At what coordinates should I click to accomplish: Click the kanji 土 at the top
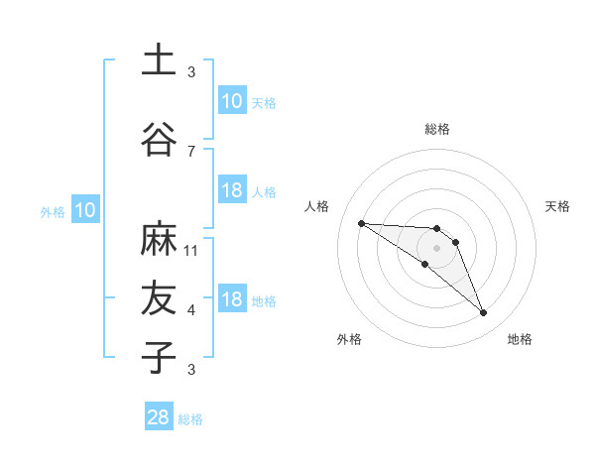click(157, 59)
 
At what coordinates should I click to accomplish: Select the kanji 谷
click(157, 140)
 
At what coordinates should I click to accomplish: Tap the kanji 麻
click(157, 239)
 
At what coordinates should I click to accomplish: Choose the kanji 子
click(157, 357)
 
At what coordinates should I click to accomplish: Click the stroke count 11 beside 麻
click(191, 250)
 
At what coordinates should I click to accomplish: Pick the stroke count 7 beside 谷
click(191, 151)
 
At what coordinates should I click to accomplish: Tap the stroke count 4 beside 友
click(191, 310)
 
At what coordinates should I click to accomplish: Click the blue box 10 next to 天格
click(231, 101)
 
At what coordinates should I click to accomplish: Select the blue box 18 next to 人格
click(231, 190)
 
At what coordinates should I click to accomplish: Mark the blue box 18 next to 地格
click(231, 299)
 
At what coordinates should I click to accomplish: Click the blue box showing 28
click(158, 417)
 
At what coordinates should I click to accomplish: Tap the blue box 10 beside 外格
click(84, 210)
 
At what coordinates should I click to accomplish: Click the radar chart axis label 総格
click(437, 129)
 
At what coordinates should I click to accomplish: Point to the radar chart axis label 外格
click(349, 340)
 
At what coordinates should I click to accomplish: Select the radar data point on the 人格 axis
click(361, 223)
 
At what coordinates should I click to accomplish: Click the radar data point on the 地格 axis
click(483, 313)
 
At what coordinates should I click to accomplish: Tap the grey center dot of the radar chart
click(437, 247)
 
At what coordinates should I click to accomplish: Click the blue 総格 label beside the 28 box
click(190, 419)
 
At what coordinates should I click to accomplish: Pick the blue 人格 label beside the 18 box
click(264, 192)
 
